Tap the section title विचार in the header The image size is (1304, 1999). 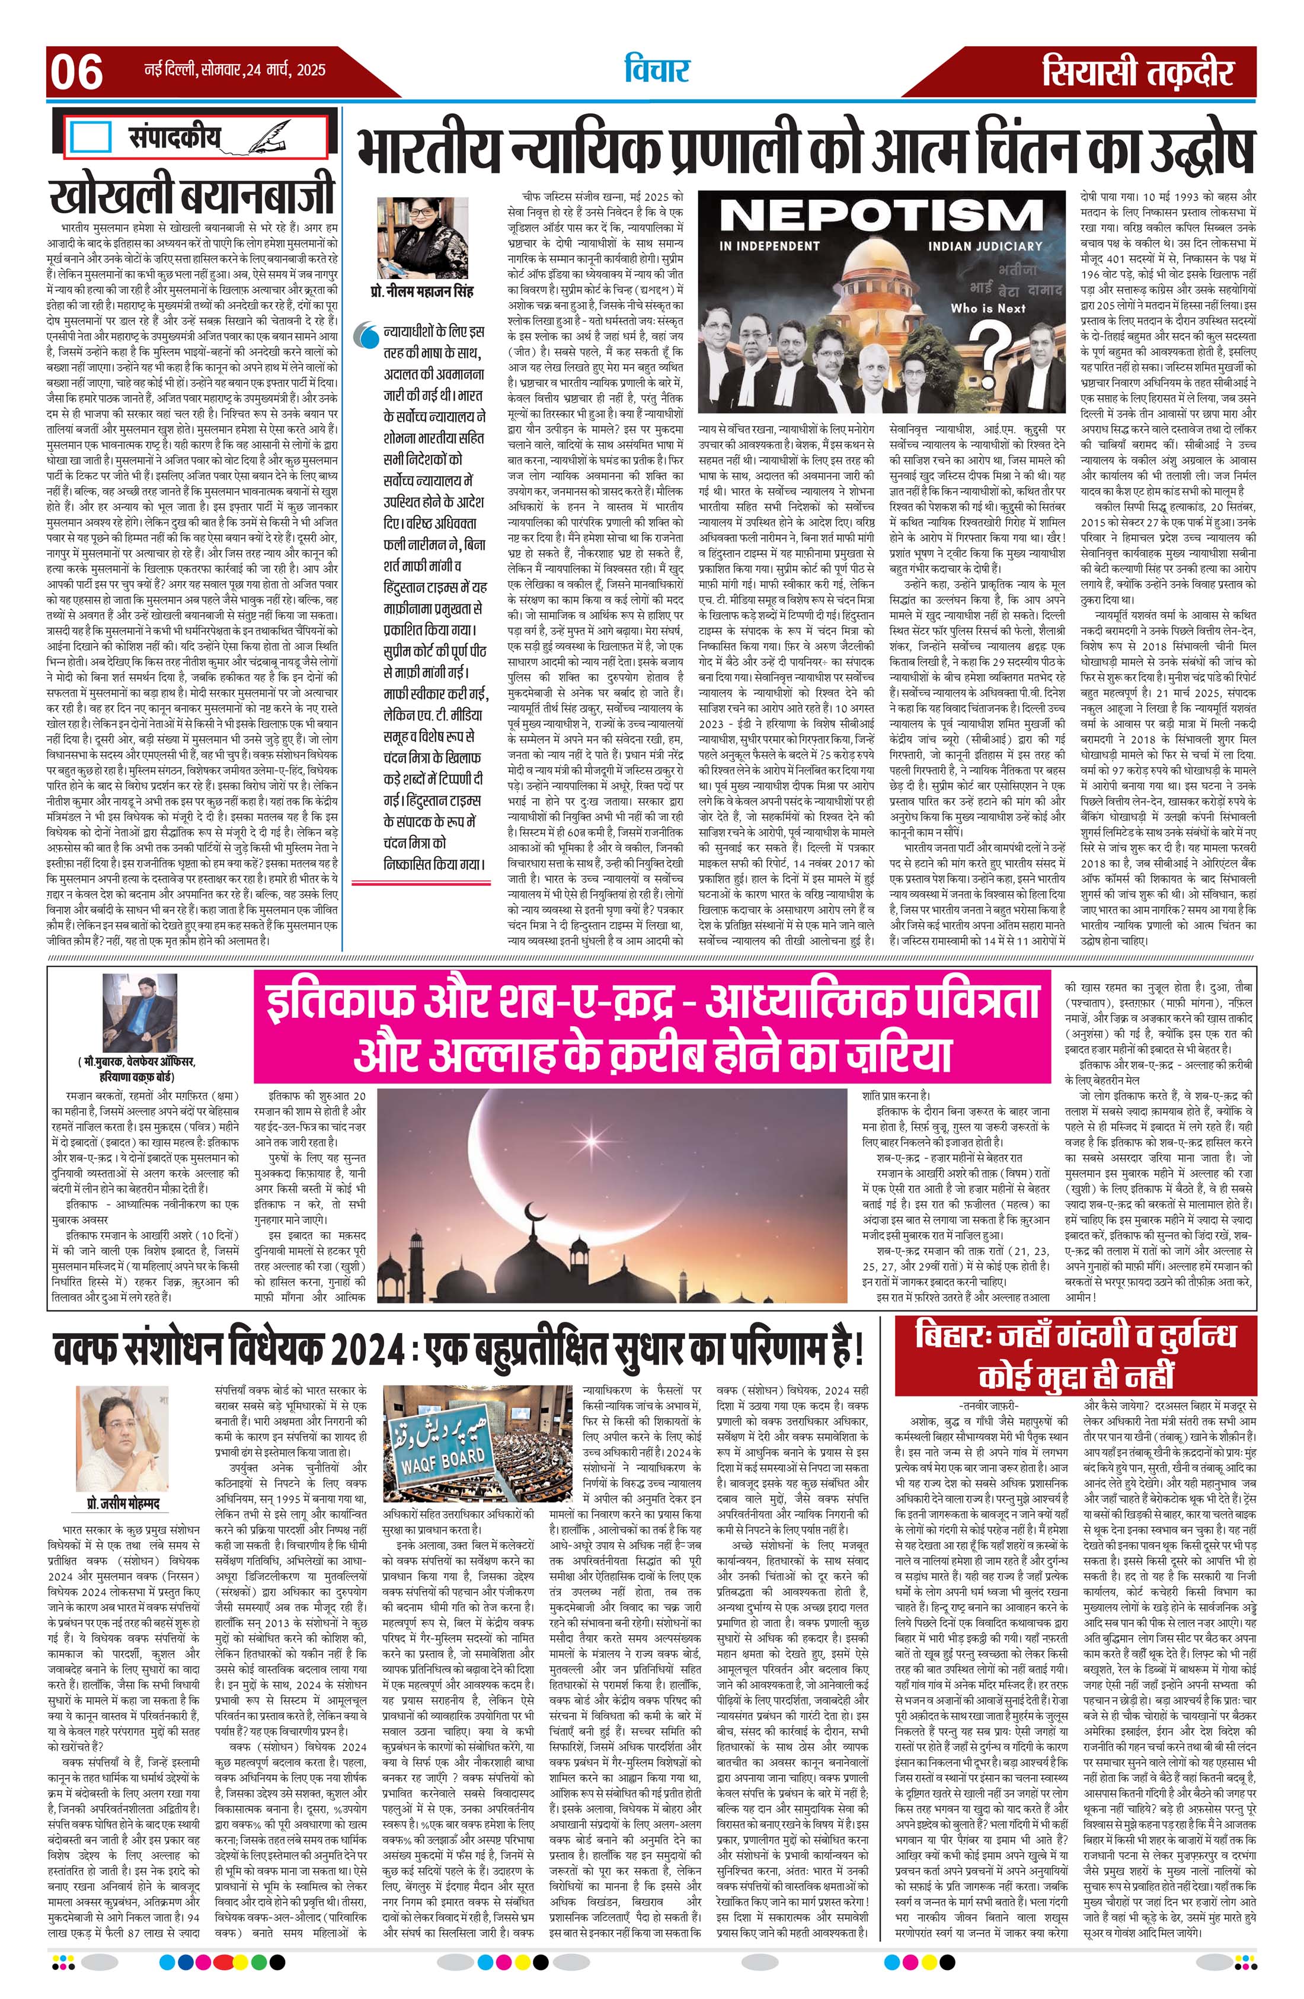coord(656,71)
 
